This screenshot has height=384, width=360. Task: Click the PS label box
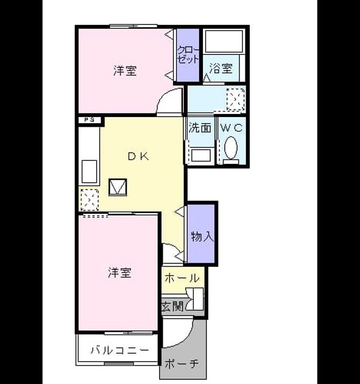(90, 120)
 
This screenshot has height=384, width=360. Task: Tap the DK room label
(138, 157)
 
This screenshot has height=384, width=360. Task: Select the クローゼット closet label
(188, 55)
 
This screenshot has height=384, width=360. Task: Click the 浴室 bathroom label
(221, 68)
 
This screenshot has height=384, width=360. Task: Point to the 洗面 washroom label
(200, 127)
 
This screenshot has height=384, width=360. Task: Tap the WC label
(231, 127)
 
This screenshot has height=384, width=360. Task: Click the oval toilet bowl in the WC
(231, 148)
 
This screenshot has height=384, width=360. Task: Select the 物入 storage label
(202, 236)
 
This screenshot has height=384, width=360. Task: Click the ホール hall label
(182, 278)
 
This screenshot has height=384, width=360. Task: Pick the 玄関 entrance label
(172, 307)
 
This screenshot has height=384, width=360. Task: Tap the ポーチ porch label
(182, 364)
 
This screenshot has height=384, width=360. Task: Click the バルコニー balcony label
(120, 350)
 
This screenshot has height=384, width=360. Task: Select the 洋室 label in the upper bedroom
(125, 71)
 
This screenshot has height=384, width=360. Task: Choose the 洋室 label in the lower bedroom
(119, 272)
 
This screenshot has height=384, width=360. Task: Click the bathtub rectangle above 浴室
(225, 41)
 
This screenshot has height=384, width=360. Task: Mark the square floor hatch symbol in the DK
(118, 187)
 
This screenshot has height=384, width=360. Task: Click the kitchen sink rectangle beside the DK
(89, 171)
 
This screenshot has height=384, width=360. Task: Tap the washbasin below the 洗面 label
(201, 155)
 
